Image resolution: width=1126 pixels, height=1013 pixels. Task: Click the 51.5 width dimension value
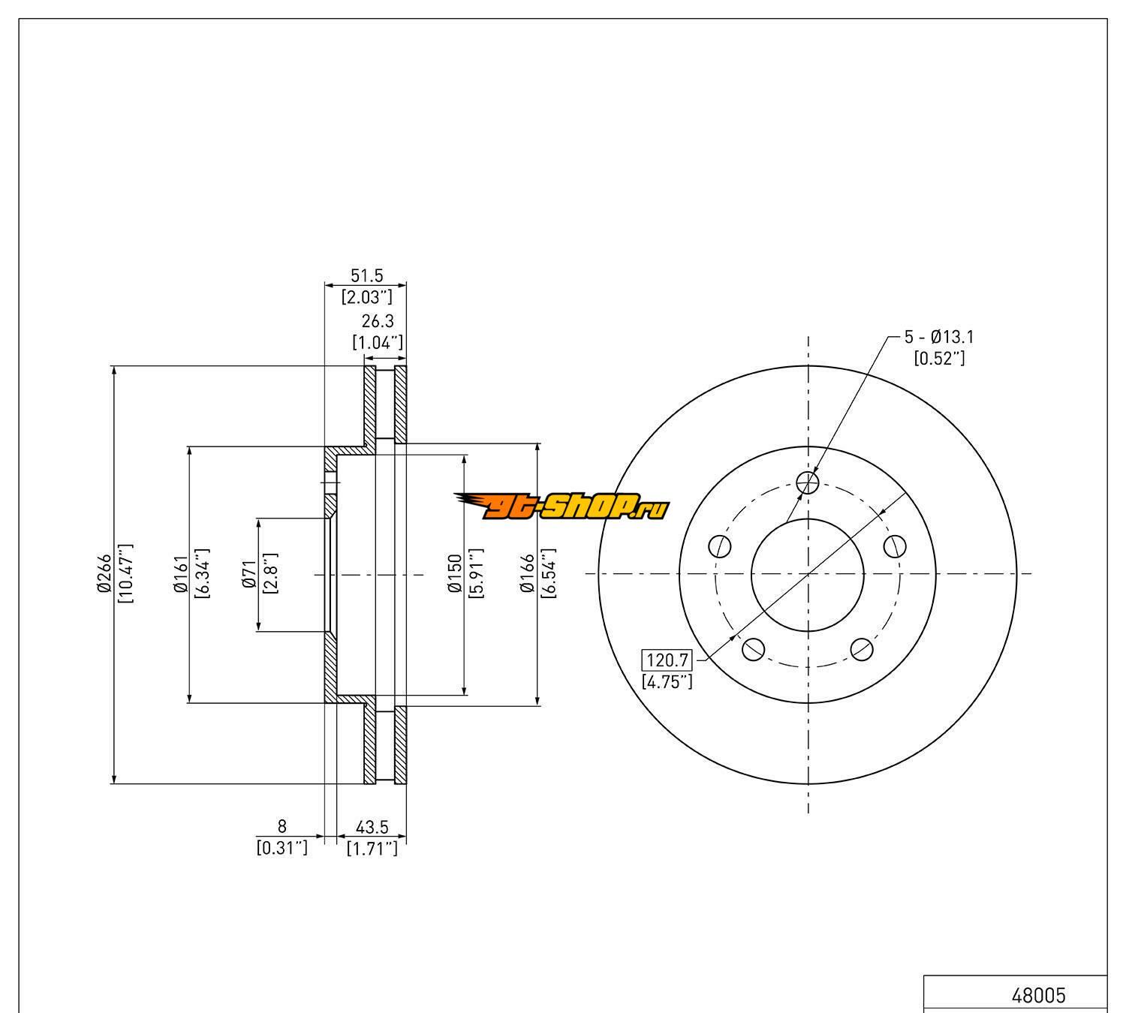pos(366,275)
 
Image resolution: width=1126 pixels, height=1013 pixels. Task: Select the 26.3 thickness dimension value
pos(378,321)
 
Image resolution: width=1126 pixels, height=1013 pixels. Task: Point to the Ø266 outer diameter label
pos(105,573)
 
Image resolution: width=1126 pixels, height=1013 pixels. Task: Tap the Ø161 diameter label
pos(181,574)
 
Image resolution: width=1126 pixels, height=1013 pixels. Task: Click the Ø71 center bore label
pos(250,574)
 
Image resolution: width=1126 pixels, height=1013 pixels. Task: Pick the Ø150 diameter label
pos(455,573)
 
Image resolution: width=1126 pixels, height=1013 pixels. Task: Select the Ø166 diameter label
pos(528,573)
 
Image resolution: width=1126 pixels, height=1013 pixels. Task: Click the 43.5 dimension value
pos(372,827)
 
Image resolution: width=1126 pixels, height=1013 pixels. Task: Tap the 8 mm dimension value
pos(281,826)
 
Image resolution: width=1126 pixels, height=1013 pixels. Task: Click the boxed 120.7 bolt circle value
pos(667,660)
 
